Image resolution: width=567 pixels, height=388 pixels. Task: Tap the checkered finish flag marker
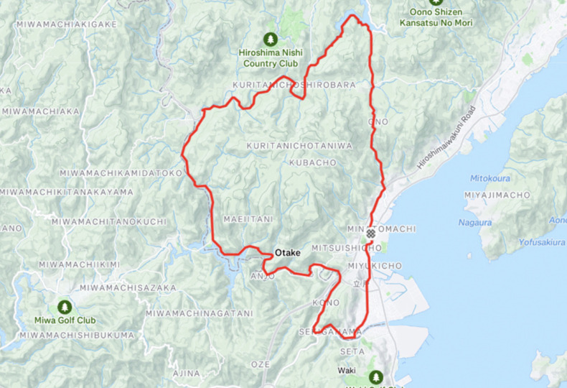[x=370, y=234]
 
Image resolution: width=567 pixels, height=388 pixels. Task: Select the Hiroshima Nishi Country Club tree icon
[x=270, y=38]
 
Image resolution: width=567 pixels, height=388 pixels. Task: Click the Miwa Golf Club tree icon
[x=65, y=307]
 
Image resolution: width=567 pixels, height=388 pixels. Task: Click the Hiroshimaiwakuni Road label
[x=446, y=138]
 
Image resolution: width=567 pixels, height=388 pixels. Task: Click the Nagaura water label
[x=475, y=223]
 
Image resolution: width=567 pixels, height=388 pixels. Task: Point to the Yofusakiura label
[x=533, y=242]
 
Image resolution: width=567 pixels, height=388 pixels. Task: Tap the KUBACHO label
[x=313, y=163]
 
